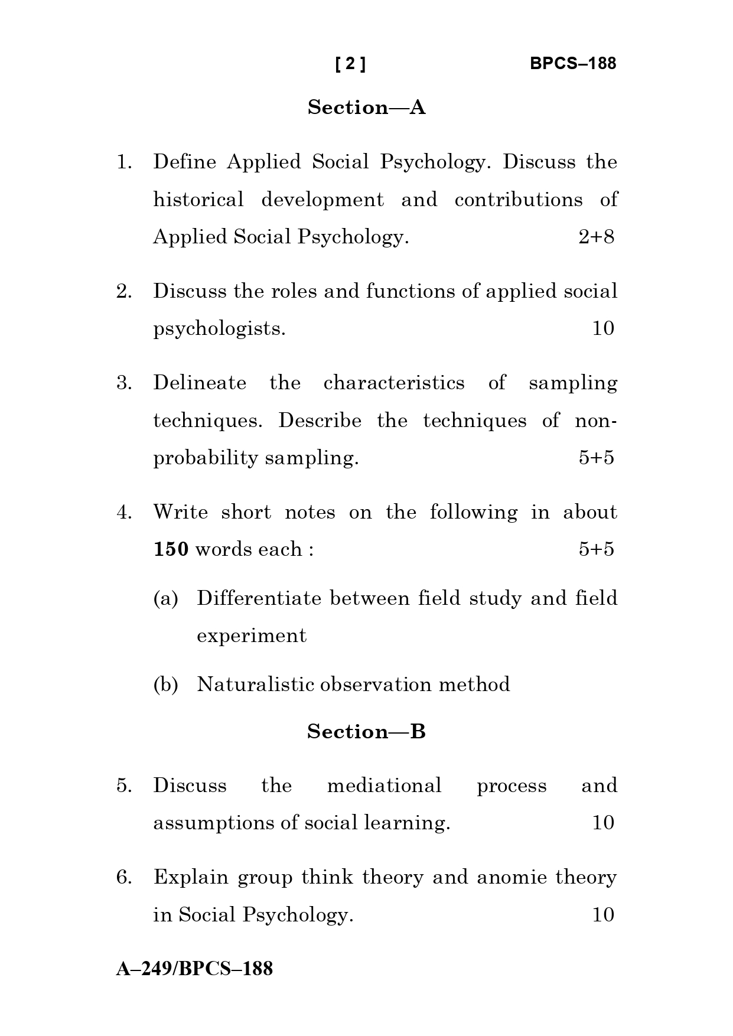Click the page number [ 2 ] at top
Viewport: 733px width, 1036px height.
click(x=350, y=64)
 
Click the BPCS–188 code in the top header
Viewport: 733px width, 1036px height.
click(x=572, y=64)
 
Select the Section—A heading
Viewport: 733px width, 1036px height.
click(x=366, y=107)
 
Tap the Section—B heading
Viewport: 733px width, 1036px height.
click(x=366, y=732)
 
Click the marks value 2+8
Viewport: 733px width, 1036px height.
click(x=596, y=237)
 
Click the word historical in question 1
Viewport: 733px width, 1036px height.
click(x=198, y=200)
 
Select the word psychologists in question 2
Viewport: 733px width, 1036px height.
click(x=219, y=329)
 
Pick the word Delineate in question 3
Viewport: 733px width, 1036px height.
click(x=200, y=383)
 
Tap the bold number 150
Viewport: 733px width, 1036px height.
click(x=171, y=549)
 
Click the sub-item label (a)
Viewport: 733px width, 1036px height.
click(x=165, y=598)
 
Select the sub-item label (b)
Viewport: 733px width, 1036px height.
click(x=165, y=685)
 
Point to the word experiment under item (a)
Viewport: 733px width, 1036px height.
click(x=252, y=636)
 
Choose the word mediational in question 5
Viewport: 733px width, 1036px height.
click(x=384, y=786)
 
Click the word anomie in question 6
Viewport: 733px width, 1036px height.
click(x=512, y=877)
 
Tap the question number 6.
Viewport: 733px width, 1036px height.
click(x=123, y=877)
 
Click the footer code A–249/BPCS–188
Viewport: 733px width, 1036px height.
click(x=194, y=969)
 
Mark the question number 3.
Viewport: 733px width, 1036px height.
click(x=123, y=383)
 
